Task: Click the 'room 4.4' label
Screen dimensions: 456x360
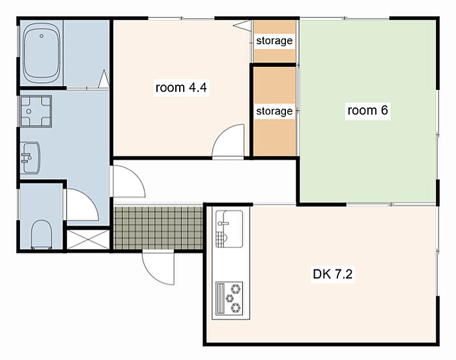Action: coord(181,87)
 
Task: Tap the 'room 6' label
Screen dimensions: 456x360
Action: coord(367,110)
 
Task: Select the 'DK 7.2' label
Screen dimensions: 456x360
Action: coord(332,274)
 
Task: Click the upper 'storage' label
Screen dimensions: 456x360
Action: coord(274,40)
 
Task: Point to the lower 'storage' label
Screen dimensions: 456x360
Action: coord(274,111)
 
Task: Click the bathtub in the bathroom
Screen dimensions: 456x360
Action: coord(42,53)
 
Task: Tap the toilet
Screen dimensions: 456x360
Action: coord(41,234)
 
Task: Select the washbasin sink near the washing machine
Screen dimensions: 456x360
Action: coord(31,158)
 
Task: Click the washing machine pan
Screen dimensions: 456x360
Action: coord(36,111)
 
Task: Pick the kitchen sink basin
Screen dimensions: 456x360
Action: coord(229,229)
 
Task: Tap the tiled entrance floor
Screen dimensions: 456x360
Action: coord(158,228)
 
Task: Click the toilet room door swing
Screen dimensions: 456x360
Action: coord(82,204)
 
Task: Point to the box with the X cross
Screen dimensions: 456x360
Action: coord(88,240)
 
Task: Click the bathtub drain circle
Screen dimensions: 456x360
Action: coord(42,36)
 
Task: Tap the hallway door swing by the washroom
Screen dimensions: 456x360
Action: coord(129,182)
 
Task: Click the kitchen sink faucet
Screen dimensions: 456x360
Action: coord(223,223)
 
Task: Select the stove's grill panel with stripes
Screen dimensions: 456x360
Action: coord(221,298)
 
